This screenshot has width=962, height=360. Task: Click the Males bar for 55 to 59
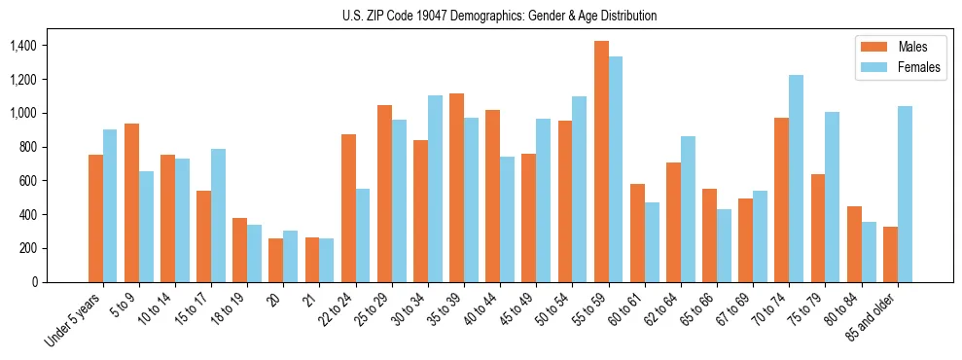(601, 162)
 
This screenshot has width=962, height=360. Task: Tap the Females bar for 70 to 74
(797, 179)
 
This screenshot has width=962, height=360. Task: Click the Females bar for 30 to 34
(435, 189)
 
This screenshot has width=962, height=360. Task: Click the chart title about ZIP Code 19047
(500, 16)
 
